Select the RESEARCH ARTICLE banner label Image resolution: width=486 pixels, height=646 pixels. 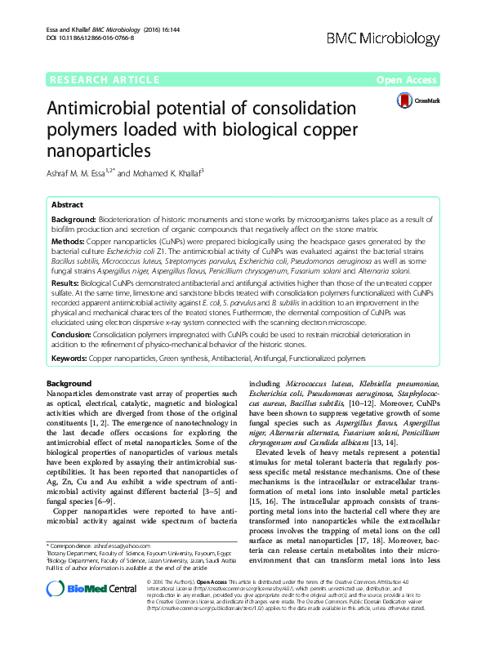[x=105, y=80]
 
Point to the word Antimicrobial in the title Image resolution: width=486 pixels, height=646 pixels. [x=108, y=109]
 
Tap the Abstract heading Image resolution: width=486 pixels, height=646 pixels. [x=67, y=205]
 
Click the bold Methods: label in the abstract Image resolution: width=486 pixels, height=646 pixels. [x=68, y=243]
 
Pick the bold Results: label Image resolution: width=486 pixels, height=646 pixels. [x=66, y=279]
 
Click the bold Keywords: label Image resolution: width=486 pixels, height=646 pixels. [x=70, y=358]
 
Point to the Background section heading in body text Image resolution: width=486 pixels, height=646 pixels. [x=69, y=383]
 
